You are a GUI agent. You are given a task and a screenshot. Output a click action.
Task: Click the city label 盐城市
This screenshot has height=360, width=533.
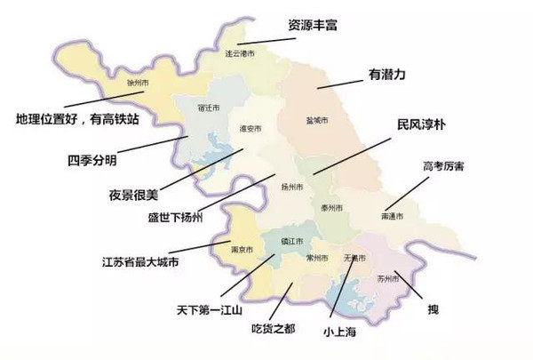click(317, 120)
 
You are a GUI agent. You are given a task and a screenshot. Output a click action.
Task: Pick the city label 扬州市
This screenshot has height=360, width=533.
click(292, 188)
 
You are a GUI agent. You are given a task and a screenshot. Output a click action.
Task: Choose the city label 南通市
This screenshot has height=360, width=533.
click(392, 216)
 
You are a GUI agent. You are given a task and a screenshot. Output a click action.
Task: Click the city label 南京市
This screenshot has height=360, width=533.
click(243, 248)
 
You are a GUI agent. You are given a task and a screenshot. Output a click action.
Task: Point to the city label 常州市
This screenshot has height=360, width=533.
click(316, 258)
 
